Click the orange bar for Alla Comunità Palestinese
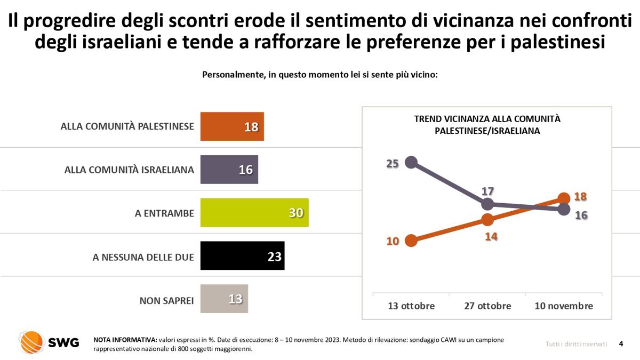[x=232, y=126]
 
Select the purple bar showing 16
[x=229, y=170]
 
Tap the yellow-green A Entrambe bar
[x=254, y=213]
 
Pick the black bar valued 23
[x=242, y=255]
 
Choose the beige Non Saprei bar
[x=224, y=299]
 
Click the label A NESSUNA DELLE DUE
[x=143, y=257]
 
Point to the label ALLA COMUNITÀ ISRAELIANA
[x=129, y=170]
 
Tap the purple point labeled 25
[x=411, y=162]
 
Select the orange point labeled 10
[x=411, y=241]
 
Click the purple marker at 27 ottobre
[x=487, y=204]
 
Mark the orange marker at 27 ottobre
[x=487, y=219]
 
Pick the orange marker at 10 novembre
[x=564, y=198]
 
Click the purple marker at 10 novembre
[x=564, y=210]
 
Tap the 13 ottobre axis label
[x=411, y=306]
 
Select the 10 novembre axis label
[x=564, y=306]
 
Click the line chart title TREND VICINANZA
[x=487, y=125]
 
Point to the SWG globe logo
[x=31, y=342]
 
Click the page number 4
[x=621, y=343]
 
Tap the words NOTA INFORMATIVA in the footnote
[x=125, y=340]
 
